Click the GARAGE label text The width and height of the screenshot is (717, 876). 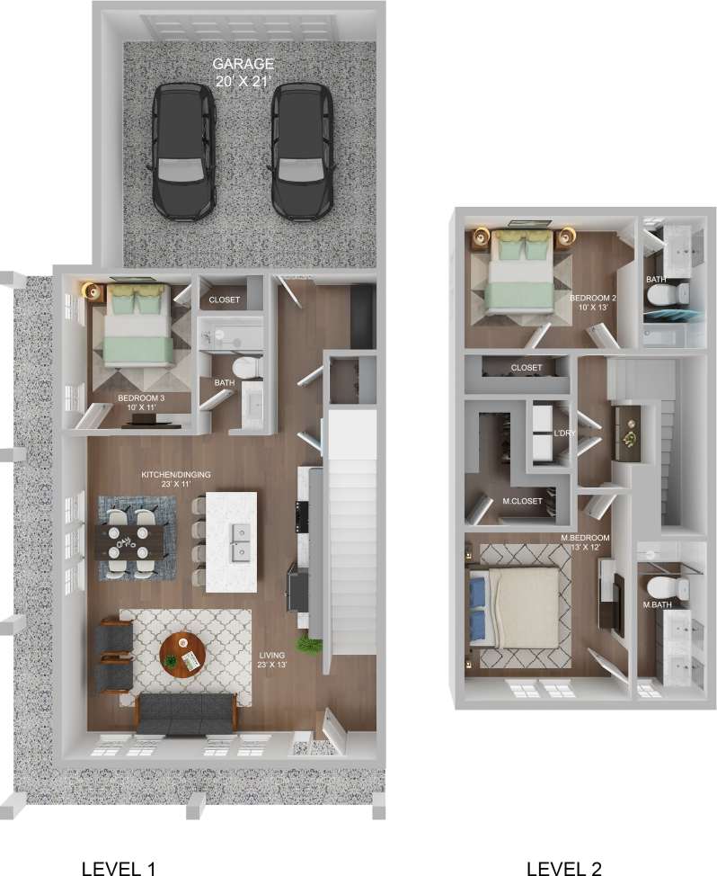point(243,65)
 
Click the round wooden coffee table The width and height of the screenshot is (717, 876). point(182,656)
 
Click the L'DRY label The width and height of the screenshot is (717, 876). point(564,434)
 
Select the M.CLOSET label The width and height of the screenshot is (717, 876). point(522,501)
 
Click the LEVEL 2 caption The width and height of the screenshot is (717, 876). point(564,868)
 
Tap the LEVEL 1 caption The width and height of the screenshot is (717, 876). point(119,868)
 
